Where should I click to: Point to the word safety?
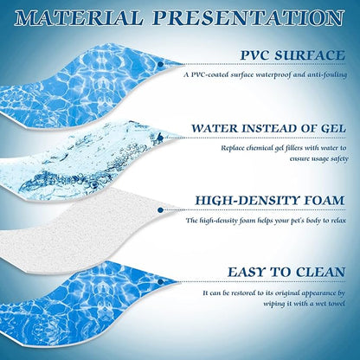334,158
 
